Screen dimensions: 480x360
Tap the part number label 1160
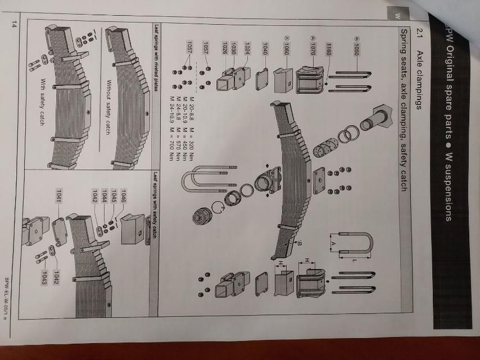click(328, 49)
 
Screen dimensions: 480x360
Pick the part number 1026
click(225, 48)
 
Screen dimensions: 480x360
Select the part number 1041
click(58, 196)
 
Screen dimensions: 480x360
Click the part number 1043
click(44, 278)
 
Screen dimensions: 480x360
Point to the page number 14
click(13, 24)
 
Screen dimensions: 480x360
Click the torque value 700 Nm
click(171, 152)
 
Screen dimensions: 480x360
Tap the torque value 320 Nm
click(192, 152)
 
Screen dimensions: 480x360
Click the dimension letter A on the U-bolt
click(334, 244)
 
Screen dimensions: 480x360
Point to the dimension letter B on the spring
click(300, 244)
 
